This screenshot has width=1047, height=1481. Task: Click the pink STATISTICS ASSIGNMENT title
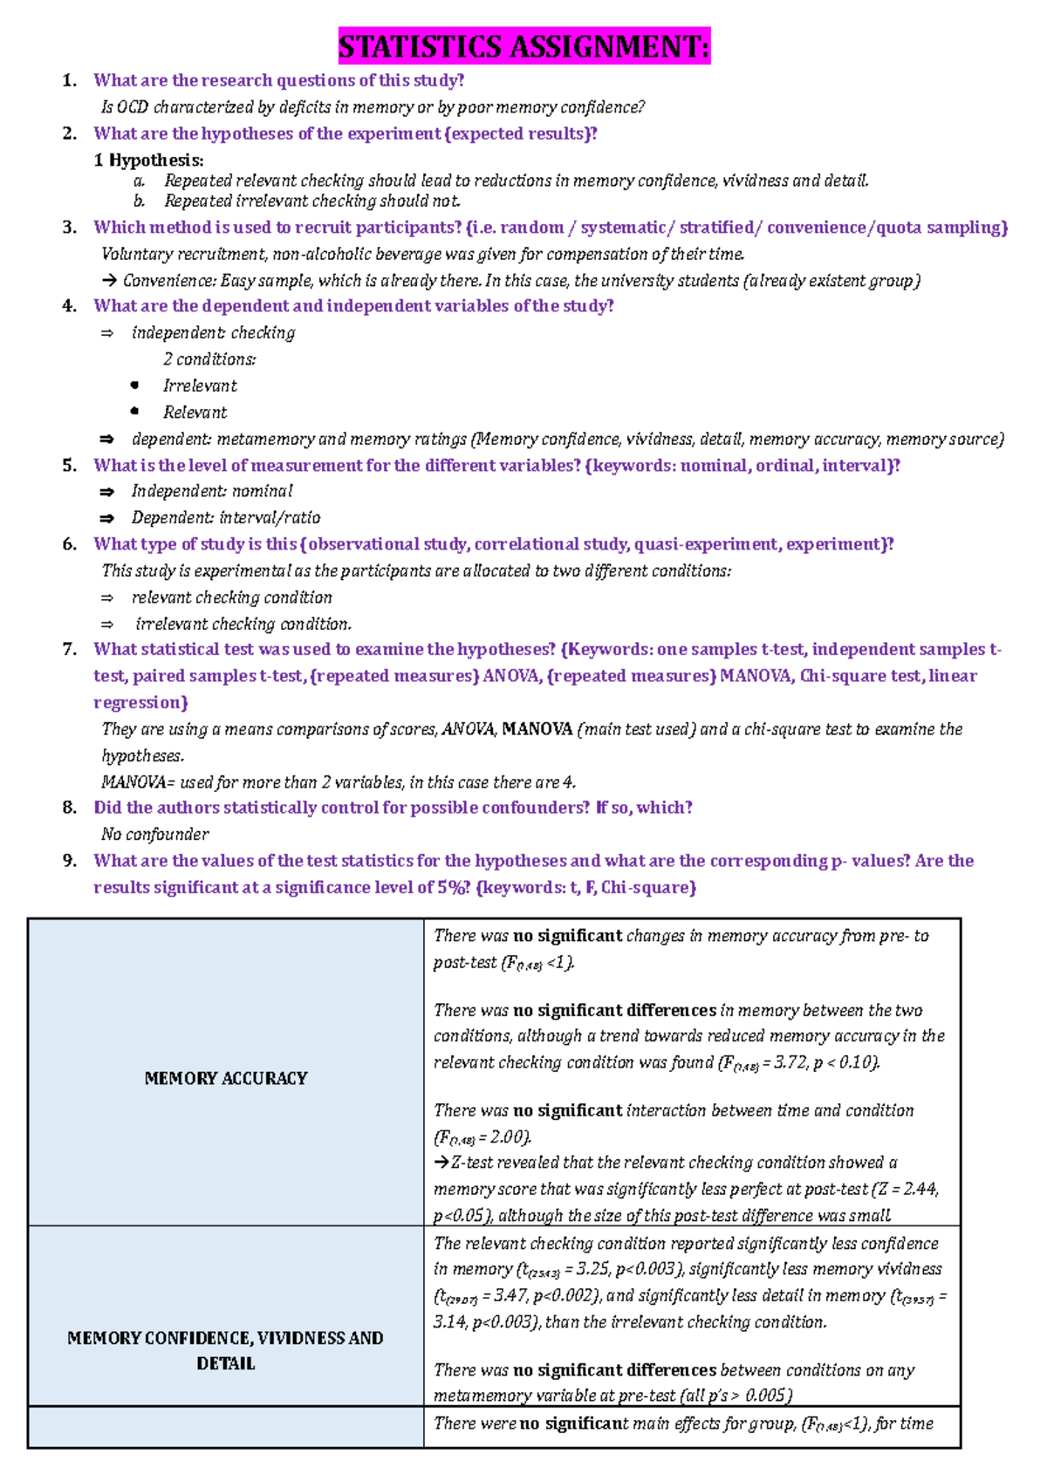[523, 45]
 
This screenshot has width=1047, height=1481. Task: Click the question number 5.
[70, 466]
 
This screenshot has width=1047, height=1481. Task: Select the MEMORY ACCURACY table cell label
[226, 1079]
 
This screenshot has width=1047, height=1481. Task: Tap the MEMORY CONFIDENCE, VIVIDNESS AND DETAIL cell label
[226, 1350]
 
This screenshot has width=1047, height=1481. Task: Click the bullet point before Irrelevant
[134, 386]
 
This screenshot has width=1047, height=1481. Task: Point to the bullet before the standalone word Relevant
[134, 412]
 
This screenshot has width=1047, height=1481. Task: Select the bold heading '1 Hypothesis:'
[149, 160]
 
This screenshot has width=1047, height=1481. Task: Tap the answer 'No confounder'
[155, 835]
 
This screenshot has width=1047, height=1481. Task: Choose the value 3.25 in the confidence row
[594, 1269]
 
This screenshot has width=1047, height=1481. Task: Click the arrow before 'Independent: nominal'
[107, 492]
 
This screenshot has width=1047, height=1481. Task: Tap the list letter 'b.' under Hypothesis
[140, 201]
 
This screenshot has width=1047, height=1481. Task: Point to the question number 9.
[70, 861]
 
